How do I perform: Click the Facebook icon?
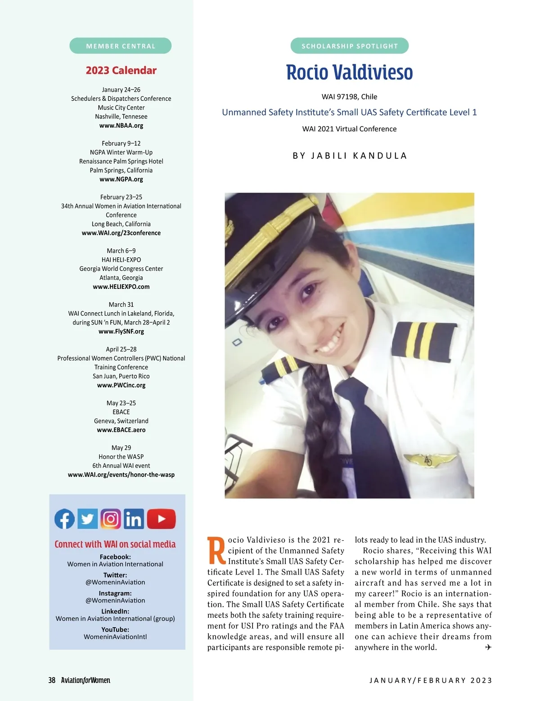[65, 519]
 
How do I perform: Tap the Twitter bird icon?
[88, 519]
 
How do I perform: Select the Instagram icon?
[111, 519]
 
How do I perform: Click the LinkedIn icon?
[134, 519]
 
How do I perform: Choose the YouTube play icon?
[161, 519]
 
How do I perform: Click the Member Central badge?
[121, 46]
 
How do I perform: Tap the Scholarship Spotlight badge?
[350, 46]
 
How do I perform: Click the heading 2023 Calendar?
[121, 71]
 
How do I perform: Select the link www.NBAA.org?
[121, 126]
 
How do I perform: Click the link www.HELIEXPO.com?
[121, 287]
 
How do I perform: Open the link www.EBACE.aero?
[121, 430]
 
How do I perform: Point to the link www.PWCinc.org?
[121, 385]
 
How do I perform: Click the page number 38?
[52, 680]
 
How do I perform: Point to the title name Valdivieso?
[372, 72]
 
